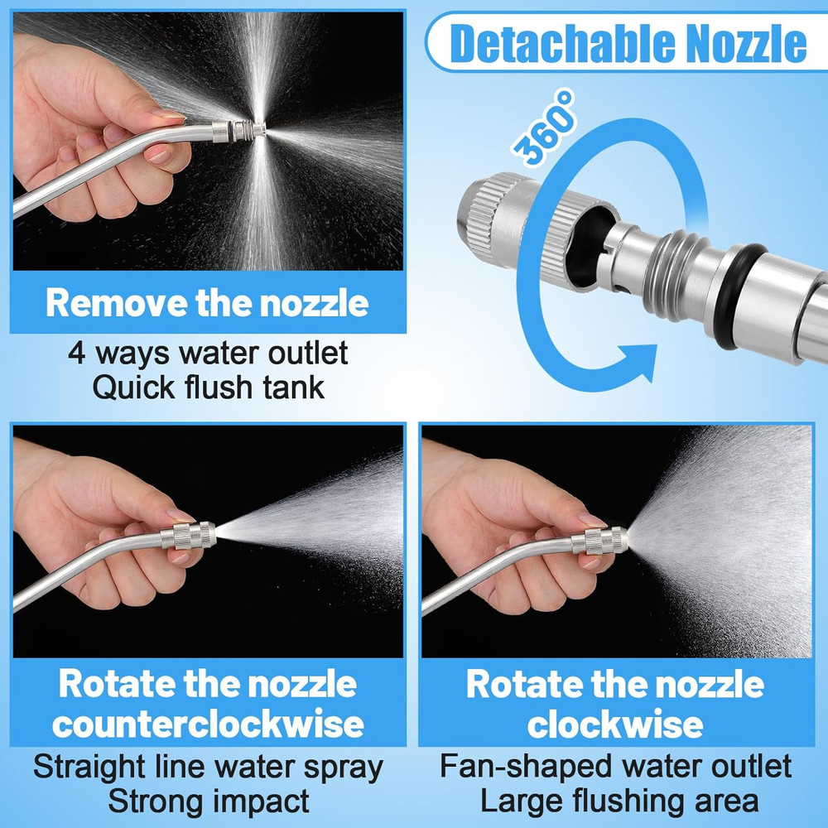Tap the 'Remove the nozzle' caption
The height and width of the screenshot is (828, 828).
(207, 303)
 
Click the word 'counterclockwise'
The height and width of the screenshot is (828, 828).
(208, 724)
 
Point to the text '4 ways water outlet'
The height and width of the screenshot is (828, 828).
(208, 354)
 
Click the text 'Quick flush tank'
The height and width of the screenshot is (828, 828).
(208, 388)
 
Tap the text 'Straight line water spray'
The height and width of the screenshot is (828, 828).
(208, 767)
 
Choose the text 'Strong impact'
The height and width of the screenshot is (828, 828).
(208, 801)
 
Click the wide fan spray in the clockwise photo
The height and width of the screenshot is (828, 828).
(729, 530)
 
